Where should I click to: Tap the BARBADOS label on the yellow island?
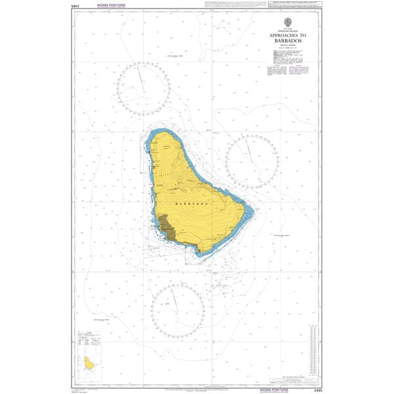click(192, 204)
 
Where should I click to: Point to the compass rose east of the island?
click(252, 160)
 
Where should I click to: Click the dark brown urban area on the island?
click(168, 226)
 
